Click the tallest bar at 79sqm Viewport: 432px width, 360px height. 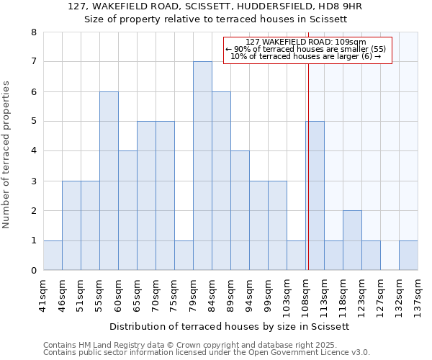(202, 166)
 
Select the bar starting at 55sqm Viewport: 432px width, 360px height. (109, 181)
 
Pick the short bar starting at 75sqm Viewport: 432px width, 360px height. (184, 256)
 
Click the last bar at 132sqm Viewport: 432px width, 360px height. (408, 256)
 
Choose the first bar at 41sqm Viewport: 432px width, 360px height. (53, 256)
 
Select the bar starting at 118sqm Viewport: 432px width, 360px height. (352, 240)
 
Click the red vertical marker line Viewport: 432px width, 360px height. (308, 166)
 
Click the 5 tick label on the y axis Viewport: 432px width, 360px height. (33, 122)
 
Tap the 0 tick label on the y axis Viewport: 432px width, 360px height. (33, 271)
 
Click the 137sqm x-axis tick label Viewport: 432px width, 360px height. (418, 294)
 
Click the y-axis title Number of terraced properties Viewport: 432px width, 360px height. (7, 155)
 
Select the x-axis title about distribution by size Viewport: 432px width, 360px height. (230, 326)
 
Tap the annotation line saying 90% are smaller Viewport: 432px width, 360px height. (307, 49)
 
